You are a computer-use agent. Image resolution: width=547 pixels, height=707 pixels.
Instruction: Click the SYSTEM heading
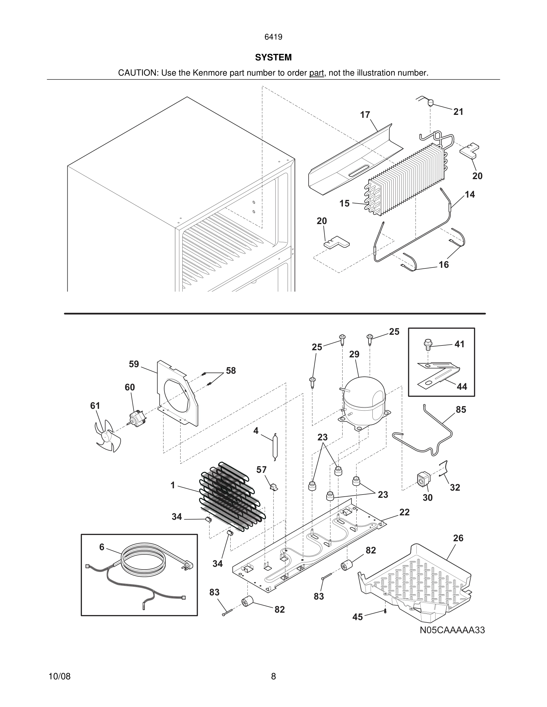273,57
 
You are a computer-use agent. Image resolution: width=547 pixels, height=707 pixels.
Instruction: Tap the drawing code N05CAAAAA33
452,630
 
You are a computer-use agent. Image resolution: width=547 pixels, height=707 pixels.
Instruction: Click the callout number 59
134,364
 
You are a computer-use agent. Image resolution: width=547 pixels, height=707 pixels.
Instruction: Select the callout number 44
462,387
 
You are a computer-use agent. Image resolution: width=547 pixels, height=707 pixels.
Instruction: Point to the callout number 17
365,115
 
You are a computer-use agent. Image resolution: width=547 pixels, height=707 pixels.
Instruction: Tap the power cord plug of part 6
189,565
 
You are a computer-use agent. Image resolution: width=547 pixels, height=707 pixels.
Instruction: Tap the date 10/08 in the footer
59,676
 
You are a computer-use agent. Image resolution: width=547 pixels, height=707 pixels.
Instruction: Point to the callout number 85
461,409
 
